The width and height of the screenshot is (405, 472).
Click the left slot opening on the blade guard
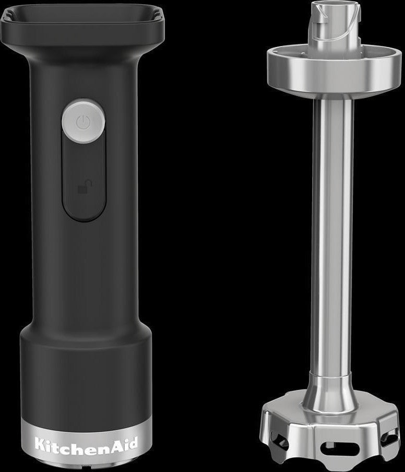(279, 436)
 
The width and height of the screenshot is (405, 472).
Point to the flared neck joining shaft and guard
(332, 392)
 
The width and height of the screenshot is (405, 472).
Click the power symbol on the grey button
(84, 123)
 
